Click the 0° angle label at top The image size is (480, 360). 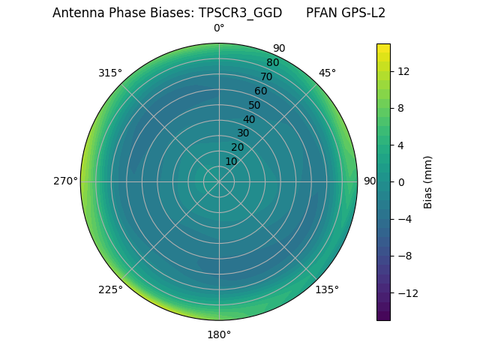[x=219, y=28]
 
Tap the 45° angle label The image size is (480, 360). [x=327, y=73]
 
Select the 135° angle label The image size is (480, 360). [x=327, y=289]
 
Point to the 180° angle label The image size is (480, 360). [x=219, y=334]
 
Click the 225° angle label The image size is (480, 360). [x=110, y=289]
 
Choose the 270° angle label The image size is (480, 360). [x=65, y=181]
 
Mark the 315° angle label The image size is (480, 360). [x=110, y=73]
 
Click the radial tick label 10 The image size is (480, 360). [x=231, y=161]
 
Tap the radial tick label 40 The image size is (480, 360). [x=249, y=119]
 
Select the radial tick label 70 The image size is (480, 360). [x=266, y=76]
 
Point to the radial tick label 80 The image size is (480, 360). [x=272, y=62]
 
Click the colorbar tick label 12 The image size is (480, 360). [x=403, y=71]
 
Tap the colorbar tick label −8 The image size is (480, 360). [x=406, y=256]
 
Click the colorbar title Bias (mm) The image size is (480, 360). [x=428, y=181]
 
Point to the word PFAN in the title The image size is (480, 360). [x=322, y=13]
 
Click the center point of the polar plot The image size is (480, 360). [x=219, y=181]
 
